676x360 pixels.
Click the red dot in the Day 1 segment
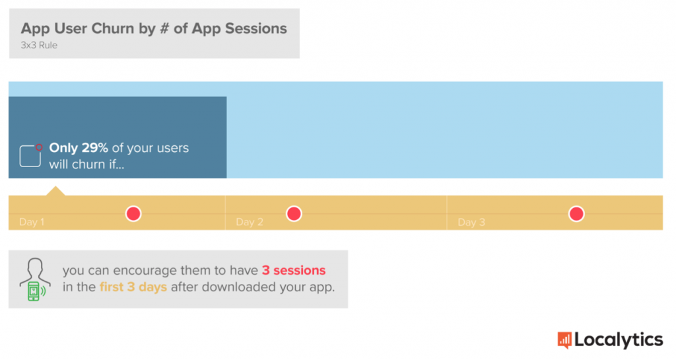click(133, 213)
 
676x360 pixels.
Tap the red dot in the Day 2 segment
click(294, 213)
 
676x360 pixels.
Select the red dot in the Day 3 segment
click(576, 213)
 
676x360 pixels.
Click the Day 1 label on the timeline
click(32, 222)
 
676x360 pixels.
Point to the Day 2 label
click(250, 222)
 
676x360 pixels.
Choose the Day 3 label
click(471, 222)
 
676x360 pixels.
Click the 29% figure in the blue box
click(94, 148)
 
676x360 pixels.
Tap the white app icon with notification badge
click(30, 156)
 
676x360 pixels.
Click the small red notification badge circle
click(39, 147)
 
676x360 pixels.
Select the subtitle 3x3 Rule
click(39, 45)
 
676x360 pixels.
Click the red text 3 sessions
click(294, 270)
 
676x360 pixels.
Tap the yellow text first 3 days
click(133, 287)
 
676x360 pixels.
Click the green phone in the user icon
click(34, 291)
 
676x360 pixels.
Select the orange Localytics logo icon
click(564, 340)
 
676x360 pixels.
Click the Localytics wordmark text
click(619, 340)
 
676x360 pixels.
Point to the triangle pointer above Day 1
click(55, 191)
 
